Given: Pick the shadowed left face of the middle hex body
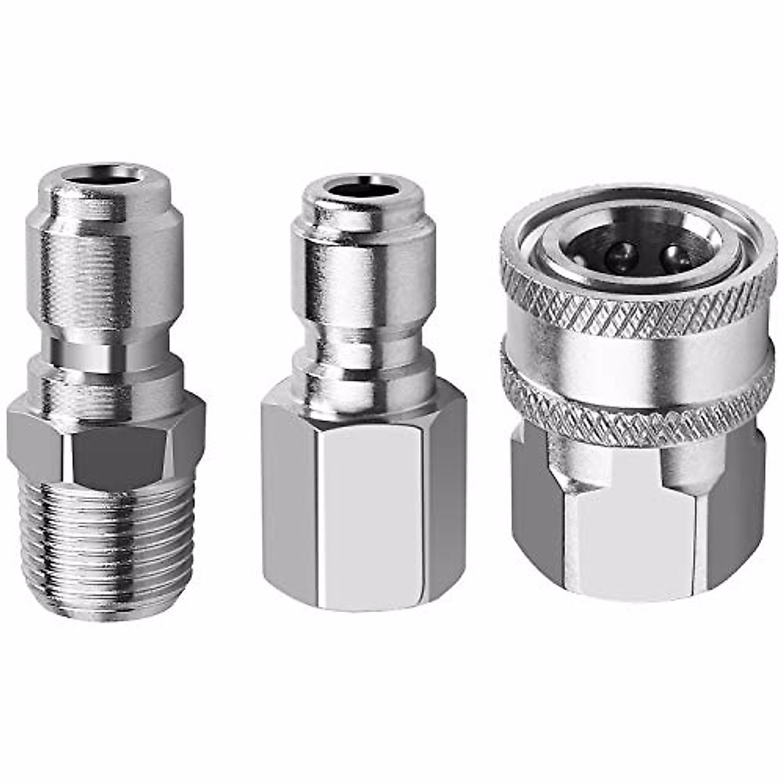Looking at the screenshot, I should click(x=287, y=503).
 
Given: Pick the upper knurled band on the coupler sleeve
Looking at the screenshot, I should click(x=637, y=294).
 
